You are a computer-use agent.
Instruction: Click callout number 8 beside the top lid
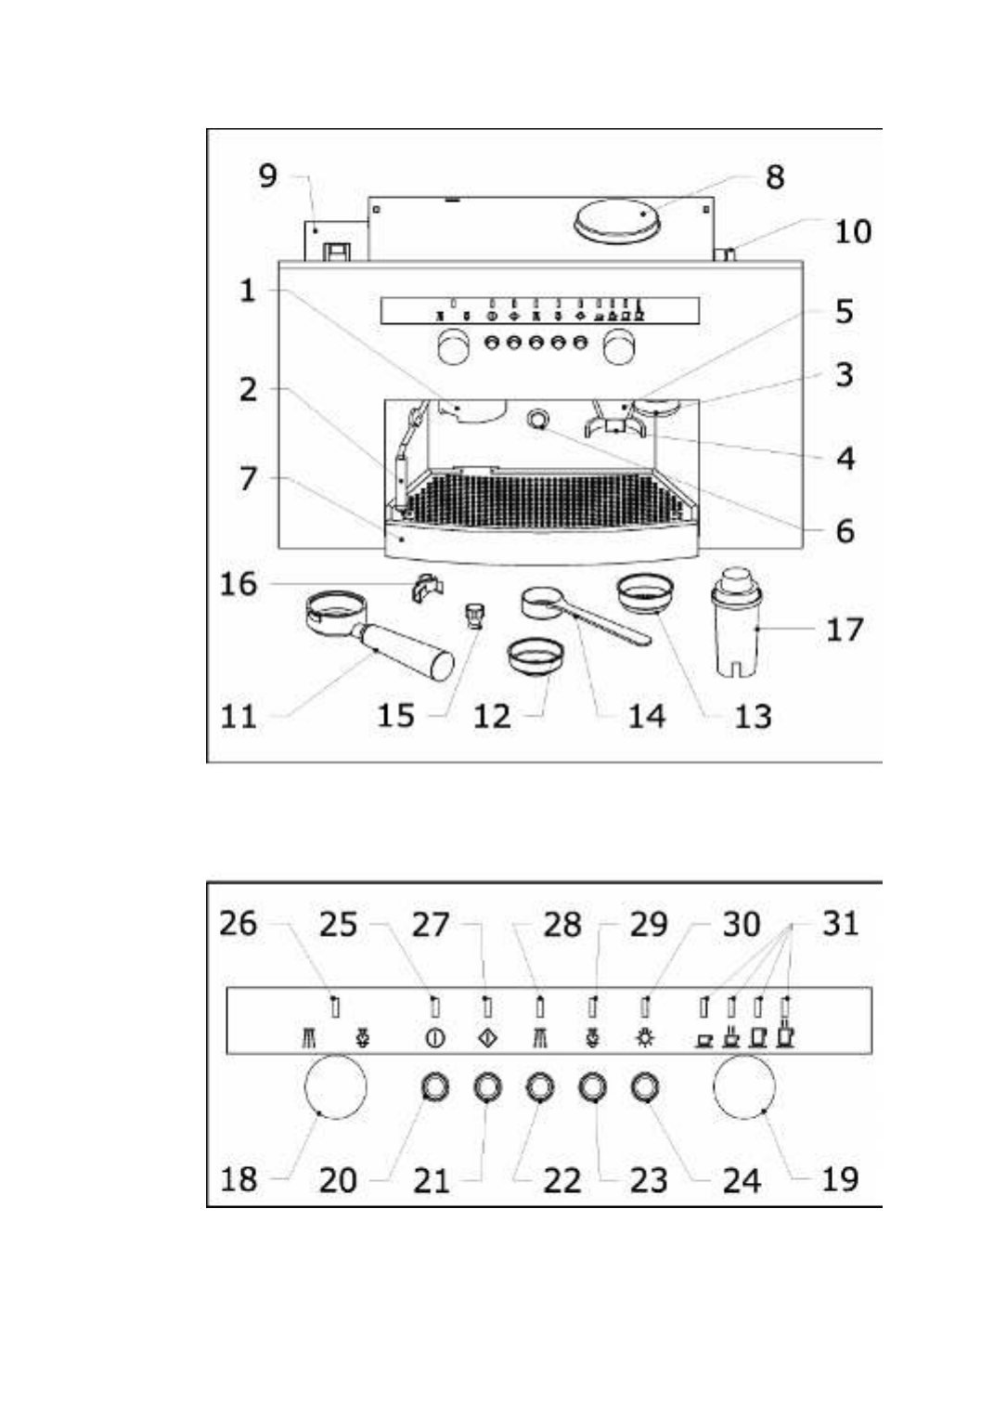tap(774, 177)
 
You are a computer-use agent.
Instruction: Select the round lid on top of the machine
tap(616, 221)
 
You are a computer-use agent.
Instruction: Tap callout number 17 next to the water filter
tap(844, 630)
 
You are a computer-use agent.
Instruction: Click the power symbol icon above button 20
tap(434, 1039)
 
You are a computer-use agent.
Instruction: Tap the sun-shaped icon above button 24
tap(645, 1038)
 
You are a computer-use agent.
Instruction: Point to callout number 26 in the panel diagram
tap(238, 923)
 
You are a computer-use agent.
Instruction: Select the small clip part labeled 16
tap(427, 588)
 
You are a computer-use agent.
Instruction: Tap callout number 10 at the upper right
tap(852, 231)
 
